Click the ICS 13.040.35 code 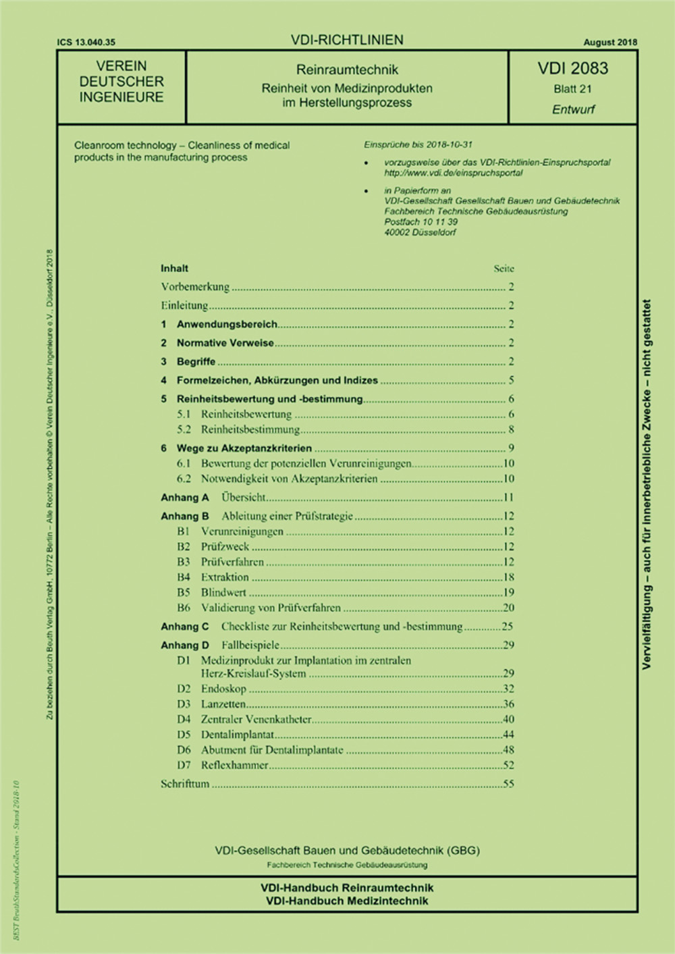[x=86, y=42]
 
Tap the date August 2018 [x=610, y=42]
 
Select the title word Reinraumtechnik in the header [x=347, y=70]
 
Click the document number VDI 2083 [x=572, y=68]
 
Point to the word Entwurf [x=573, y=109]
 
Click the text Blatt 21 [x=572, y=89]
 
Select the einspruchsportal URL [x=453, y=173]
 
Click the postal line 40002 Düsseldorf [x=420, y=232]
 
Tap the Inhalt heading [x=174, y=268]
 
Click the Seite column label [x=504, y=268]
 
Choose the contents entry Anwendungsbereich [x=227, y=324]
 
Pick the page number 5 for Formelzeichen [x=511, y=380]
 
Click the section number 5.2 [x=184, y=429]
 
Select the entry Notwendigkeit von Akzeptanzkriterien [x=289, y=479]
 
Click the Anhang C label [x=184, y=627]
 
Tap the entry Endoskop [x=223, y=689]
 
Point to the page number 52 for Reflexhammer [x=508, y=765]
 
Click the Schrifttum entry [x=185, y=784]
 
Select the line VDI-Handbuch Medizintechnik [x=347, y=901]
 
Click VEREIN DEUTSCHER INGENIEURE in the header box [x=122, y=82]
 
